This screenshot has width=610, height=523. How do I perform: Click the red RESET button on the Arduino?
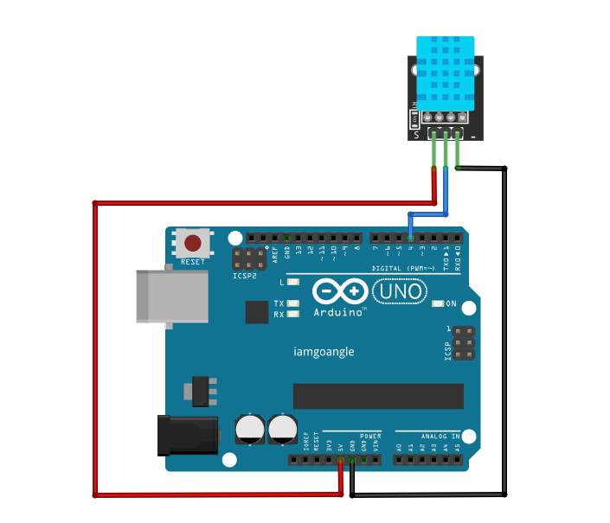pos(194,243)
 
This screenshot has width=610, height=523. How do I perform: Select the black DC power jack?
pos(187,435)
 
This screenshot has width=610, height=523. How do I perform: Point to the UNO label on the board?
pos(402,292)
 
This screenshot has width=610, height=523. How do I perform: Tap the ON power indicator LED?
pos(438,303)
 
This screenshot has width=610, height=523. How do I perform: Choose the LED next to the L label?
pos(293,283)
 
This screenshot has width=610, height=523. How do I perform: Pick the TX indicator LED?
pos(293,303)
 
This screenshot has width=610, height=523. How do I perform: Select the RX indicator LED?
pos(293,314)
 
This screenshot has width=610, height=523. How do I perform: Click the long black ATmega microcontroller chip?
pos(378,396)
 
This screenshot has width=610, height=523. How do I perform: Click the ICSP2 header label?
pos(246,277)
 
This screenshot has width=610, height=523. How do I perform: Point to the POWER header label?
pos(370,436)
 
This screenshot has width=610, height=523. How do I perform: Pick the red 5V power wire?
pos(94,346)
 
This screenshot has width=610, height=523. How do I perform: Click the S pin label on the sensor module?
pos(416,135)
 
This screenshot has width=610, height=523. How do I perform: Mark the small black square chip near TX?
pos(256,311)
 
